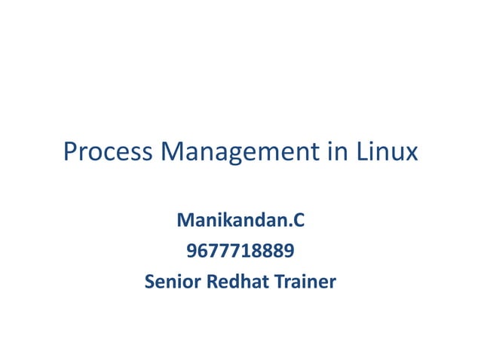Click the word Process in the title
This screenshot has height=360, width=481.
coord(106,153)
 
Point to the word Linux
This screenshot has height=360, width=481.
coord(387,153)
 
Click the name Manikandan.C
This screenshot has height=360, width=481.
coord(240,222)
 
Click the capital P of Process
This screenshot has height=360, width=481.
coord(71,153)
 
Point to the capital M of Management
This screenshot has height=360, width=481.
coord(173,153)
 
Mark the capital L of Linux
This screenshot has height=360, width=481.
coord(363,153)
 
